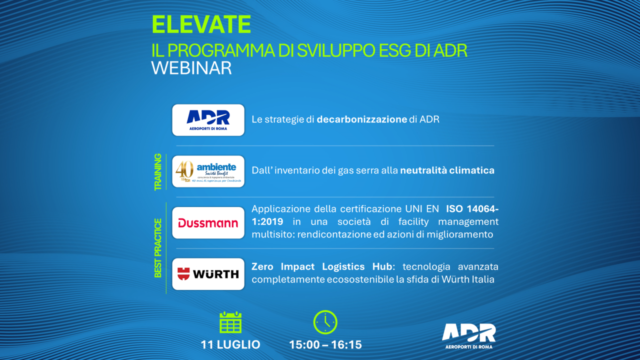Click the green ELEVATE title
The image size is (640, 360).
(201, 24)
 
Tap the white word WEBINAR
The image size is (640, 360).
(191, 68)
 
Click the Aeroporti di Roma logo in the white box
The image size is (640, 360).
(208, 120)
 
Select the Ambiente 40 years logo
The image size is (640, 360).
(208, 171)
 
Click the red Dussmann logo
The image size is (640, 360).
(208, 223)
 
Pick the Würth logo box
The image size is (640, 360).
(208, 274)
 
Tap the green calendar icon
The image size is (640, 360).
(230, 323)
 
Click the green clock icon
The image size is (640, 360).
(325, 322)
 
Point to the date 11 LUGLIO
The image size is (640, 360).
(230, 344)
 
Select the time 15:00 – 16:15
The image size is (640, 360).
(325, 344)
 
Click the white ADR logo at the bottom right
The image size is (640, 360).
(469, 336)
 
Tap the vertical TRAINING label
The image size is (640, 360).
(157, 172)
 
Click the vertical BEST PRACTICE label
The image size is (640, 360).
(157, 248)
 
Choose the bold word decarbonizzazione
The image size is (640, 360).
(361, 119)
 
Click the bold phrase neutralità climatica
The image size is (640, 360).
(447, 170)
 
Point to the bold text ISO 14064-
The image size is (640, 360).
(472, 209)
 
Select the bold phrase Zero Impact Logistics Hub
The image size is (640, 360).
(321, 267)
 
